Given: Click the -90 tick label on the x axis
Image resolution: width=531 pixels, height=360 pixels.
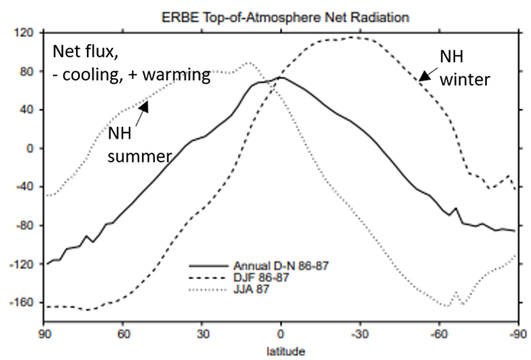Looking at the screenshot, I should click(x=515, y=334).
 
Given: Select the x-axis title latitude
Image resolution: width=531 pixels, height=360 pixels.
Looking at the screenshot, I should click(x=281, y=350).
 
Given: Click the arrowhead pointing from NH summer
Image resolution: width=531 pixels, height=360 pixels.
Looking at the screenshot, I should click(x=145, y=106).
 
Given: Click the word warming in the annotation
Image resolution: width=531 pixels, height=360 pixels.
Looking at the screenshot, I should click(x=178, y=75).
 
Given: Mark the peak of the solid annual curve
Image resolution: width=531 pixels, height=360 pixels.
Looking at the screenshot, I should click(x=281, y=77).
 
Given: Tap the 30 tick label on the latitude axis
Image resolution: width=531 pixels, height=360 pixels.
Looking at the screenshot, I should click(x=201, y=334).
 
